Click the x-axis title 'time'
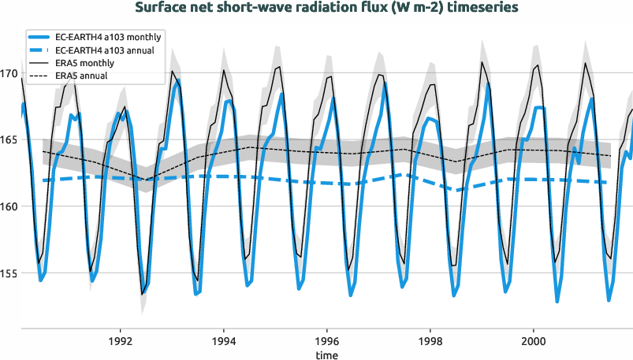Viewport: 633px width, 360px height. pos(327,354)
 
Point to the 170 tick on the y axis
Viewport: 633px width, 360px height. pos(9,74)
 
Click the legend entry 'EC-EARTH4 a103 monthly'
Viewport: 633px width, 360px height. pos(110,37)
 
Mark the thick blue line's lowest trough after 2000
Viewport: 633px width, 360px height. pos(557,301)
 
